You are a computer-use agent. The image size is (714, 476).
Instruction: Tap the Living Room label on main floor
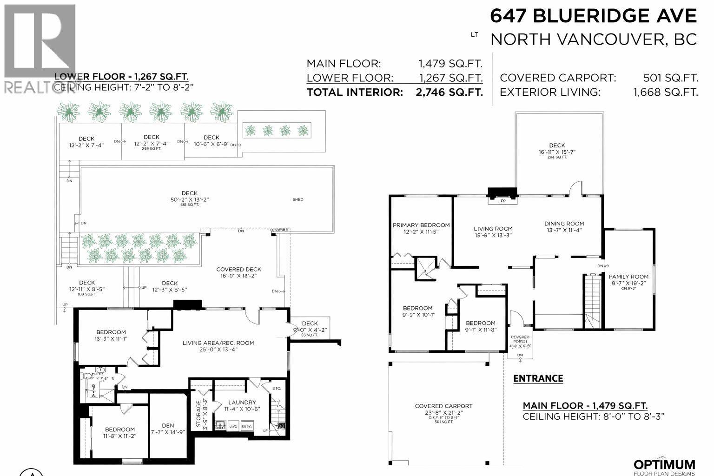pos(493,229)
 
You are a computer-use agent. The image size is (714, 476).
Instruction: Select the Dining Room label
pos(564,224)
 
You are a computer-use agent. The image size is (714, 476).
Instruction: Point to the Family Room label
pos(628,277)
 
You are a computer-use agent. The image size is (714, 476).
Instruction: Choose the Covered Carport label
pos(443,406)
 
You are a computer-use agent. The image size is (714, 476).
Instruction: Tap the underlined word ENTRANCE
pos(538,378)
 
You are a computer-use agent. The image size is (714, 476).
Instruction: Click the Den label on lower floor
pos(168,425)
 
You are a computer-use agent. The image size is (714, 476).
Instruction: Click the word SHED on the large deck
pos(298,199)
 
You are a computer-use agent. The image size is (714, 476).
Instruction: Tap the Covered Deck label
pos(238,269)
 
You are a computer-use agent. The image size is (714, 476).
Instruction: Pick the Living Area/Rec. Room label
pos(218,343)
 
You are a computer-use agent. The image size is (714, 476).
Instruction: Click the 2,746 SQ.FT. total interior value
pos(449,92)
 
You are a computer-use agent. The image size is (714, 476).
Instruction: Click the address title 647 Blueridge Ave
pos(594,16)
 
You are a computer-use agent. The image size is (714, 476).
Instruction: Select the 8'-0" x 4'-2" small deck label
pos(310,330)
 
